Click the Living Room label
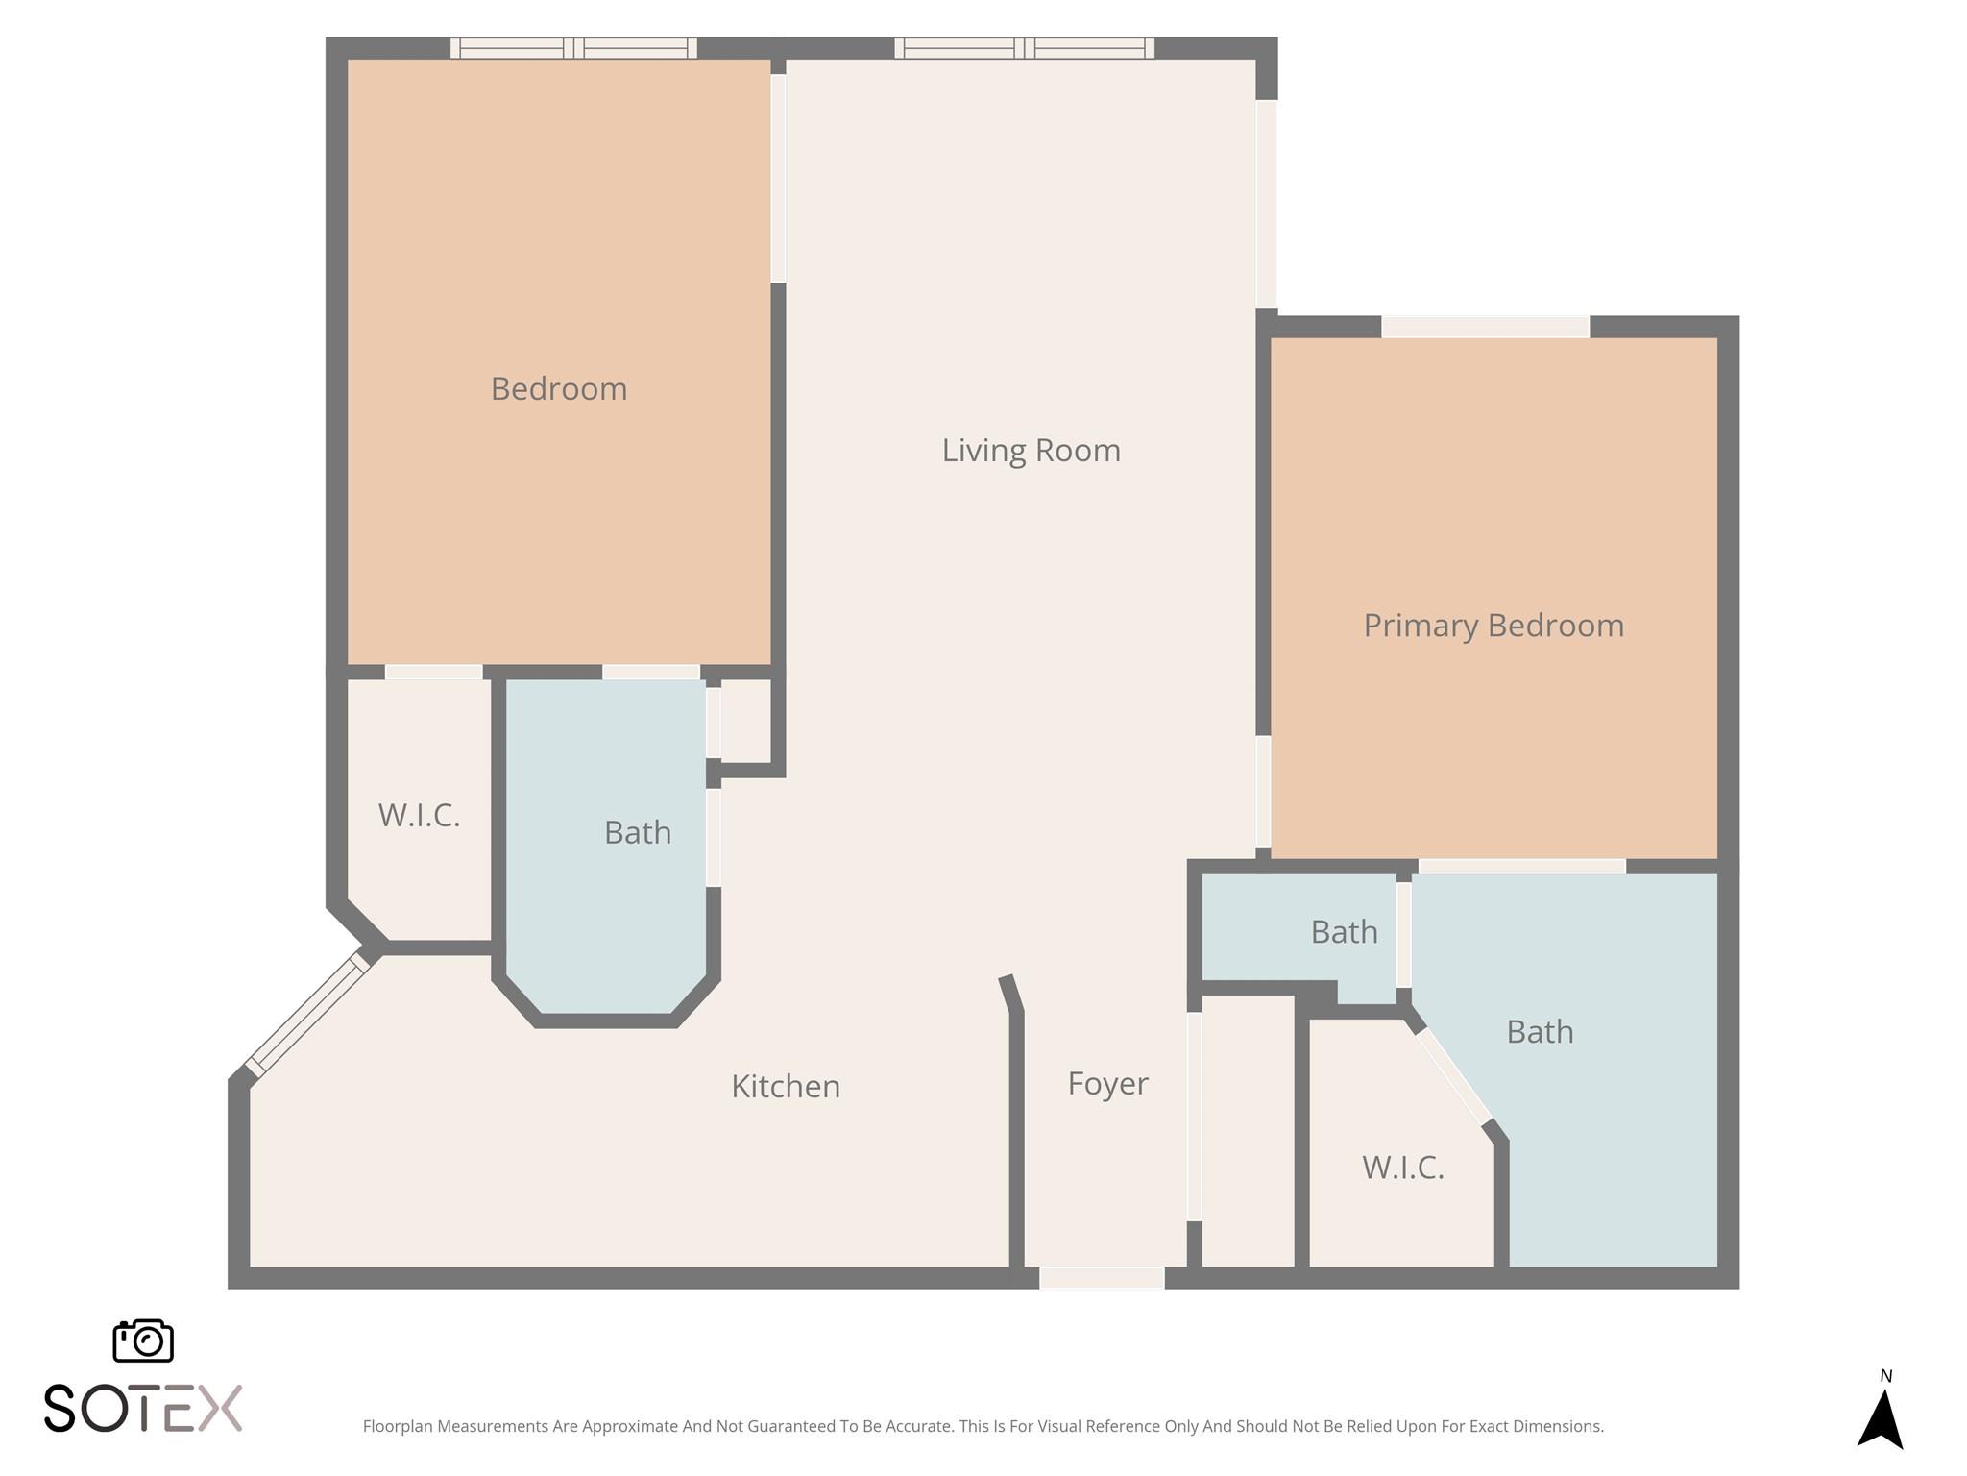1031,450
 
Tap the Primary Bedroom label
1493,626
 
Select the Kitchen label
786,1086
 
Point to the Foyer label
1107,1083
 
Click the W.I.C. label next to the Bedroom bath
419,815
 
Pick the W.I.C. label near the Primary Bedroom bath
1403,1168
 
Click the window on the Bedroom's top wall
573,48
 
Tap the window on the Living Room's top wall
1024,48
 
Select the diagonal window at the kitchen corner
307,1014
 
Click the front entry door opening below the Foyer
1102,1278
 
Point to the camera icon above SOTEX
143,1341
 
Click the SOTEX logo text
143,1409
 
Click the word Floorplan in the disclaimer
398,1426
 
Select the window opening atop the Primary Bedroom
1485,327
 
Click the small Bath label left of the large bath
1344,932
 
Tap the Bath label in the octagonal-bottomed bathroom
637,832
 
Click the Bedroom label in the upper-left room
558,388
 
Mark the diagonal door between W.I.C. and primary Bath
1454,1076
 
